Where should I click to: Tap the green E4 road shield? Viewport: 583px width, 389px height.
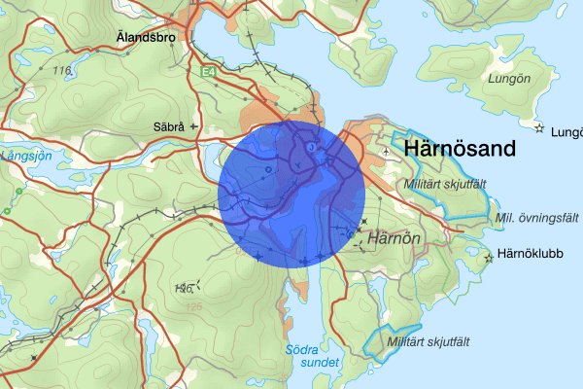[x=208, y=72]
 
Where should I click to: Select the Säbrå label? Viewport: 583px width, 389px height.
[x=169, y=126]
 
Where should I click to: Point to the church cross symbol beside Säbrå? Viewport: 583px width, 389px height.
[x=193, y=126]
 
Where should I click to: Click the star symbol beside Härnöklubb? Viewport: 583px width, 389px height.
[x=488, y=258]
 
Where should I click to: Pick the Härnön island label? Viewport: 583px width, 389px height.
[x=395, y=236]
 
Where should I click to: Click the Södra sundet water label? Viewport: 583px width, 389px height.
[x=313, y=356]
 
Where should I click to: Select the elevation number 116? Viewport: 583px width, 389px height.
[x=64, y=71]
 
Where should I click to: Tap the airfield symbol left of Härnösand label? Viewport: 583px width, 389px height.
[x=387, y=151]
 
